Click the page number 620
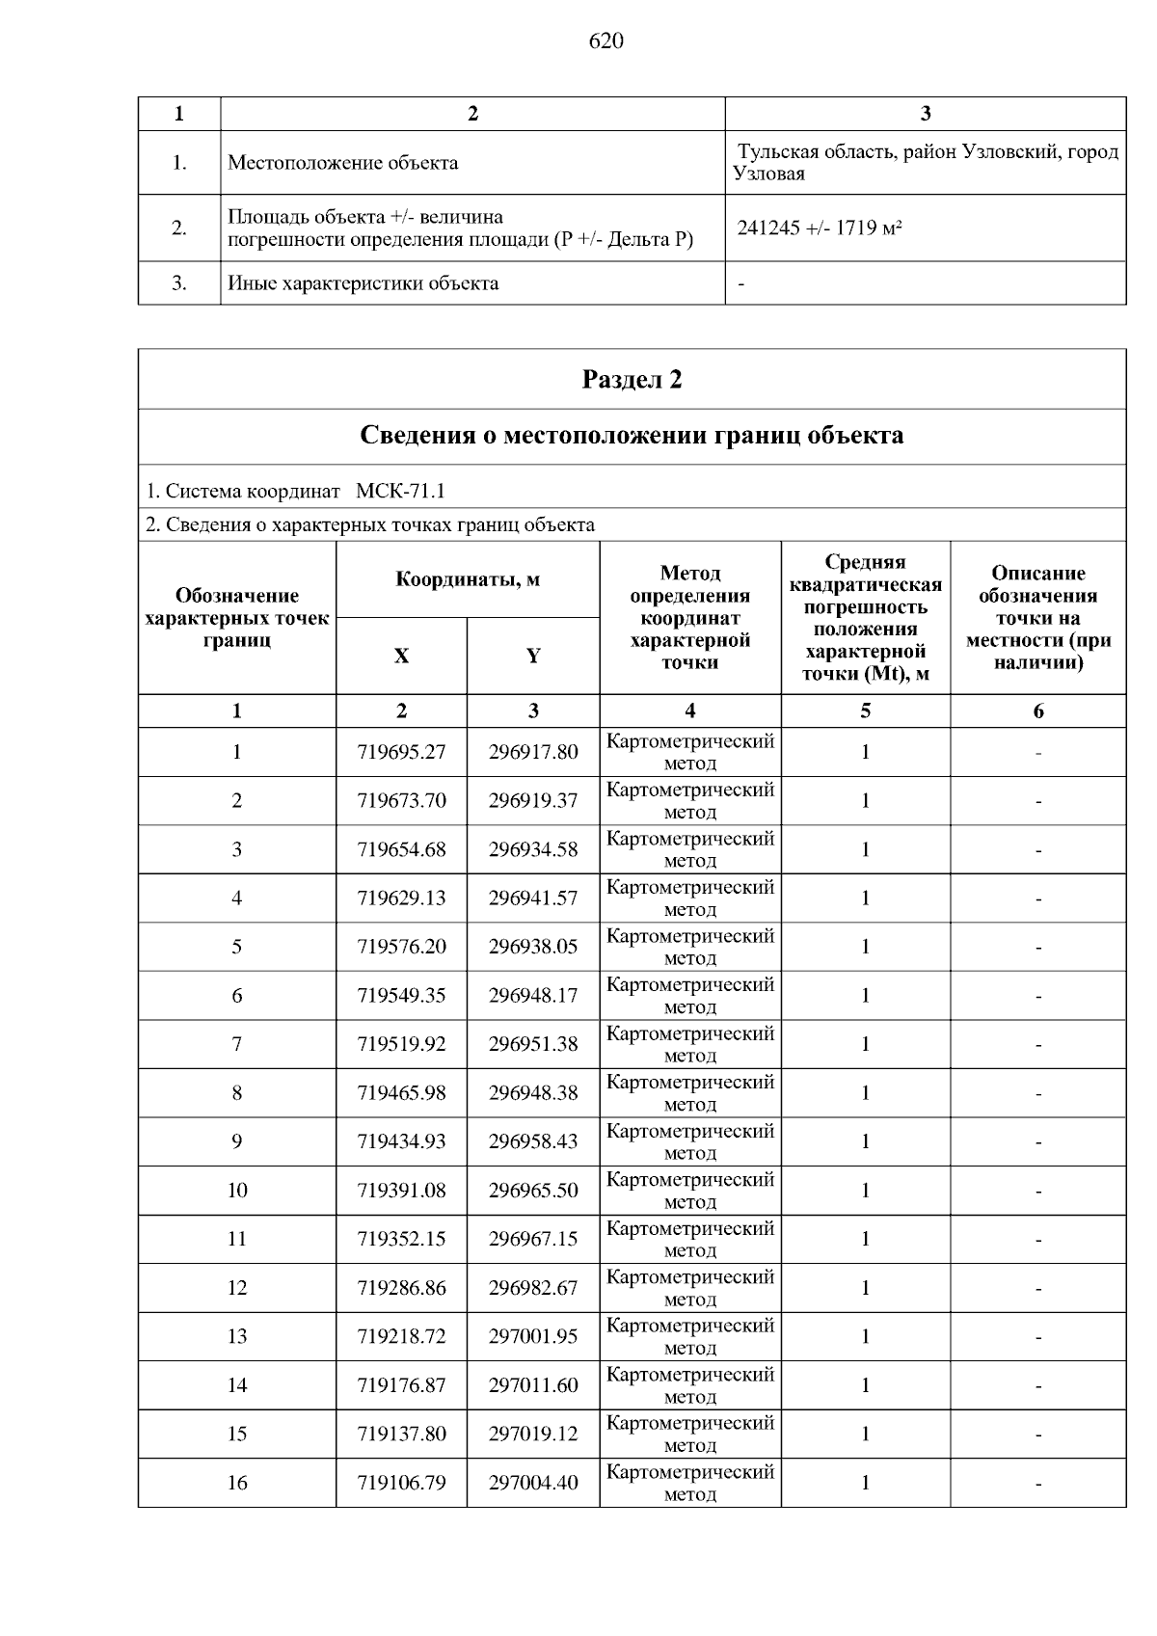(x=605, y=41)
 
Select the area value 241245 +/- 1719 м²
(x=820, y=228)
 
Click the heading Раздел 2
(x=632, y=380)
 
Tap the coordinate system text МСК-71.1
(x=400, y=492)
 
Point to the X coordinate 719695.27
(x=401, y=752)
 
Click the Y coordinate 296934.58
(x=533, y=849)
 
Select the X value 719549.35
(x=401, y=995)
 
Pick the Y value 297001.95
(x=533, y=1336)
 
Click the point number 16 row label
(x=237, y=1483)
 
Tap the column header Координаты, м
(x=468, y=579)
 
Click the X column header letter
(x=401, y=657)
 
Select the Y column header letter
(x=533, y=657)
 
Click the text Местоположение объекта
(x=342, y=163)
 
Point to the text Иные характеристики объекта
(x=363, y=283)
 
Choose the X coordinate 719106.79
(x=401, y=1483)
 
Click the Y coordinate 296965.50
(x=533, y=1191)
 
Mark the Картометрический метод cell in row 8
(x=690, y=1092)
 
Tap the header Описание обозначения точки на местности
(x=1037, y=618)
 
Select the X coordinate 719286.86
(x=401, y=1288)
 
